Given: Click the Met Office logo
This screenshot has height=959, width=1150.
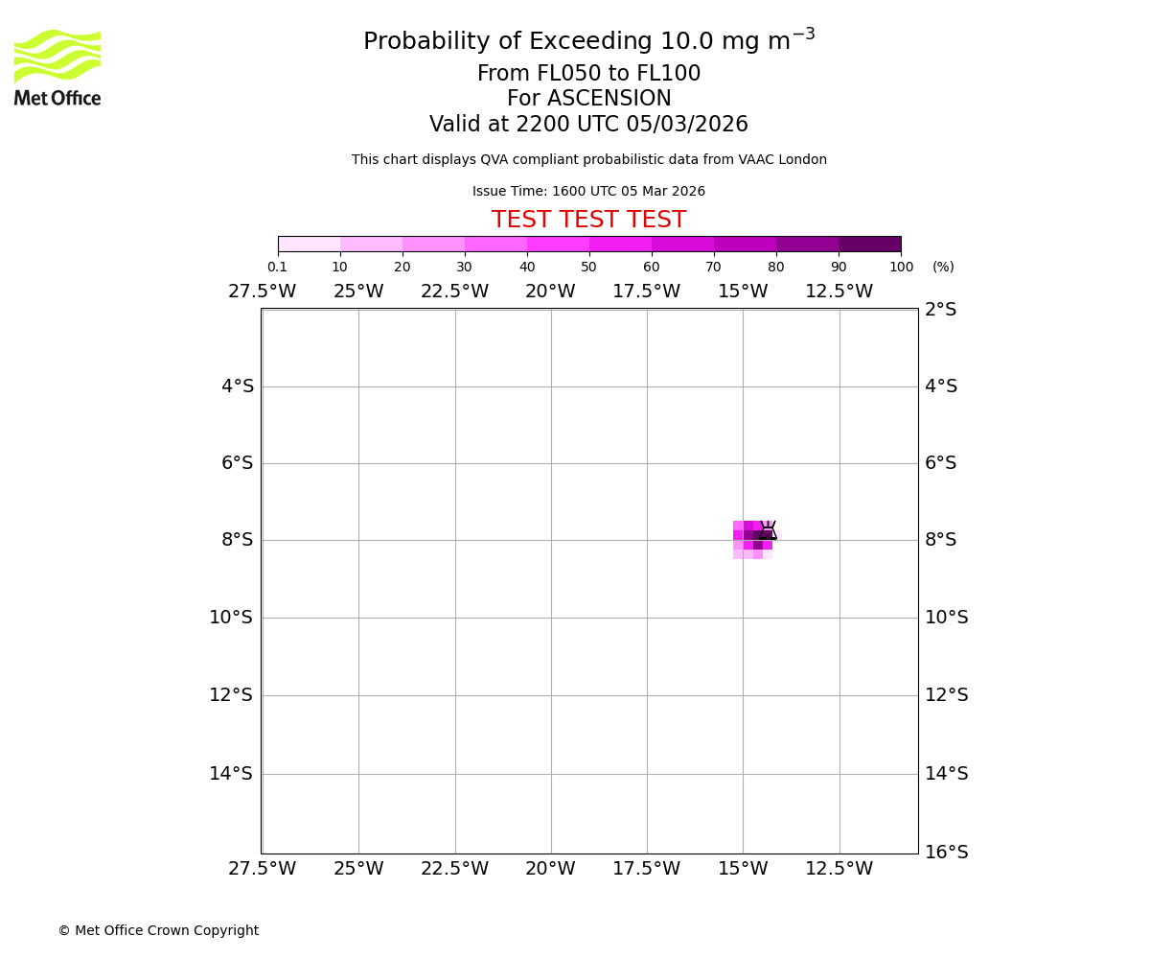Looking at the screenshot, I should point(57,67).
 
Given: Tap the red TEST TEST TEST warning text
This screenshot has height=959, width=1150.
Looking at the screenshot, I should point(588,221).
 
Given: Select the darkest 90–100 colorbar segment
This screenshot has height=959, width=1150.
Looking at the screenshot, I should point(869,244).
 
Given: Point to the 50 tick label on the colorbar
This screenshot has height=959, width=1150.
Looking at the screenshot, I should point(588,268).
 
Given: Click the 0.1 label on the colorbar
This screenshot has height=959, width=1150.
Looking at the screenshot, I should point(277,268).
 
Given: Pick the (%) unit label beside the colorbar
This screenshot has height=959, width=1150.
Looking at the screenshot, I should point(943,268).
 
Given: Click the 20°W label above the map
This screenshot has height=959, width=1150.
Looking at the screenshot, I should point(550,292).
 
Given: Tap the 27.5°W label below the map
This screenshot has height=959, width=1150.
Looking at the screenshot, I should point(262,869).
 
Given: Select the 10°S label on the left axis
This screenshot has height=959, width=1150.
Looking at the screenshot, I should point(231,618).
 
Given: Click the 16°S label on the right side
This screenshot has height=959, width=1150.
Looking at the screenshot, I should point(946,853).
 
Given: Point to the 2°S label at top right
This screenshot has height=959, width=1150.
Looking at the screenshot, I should point(940,310).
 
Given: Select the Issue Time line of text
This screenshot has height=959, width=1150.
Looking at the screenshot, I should point(588,192).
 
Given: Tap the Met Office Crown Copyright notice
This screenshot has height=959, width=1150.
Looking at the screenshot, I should point(158,931).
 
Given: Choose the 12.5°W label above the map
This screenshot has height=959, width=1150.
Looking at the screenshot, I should point(839,292).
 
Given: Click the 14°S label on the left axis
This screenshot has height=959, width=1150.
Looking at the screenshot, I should point(231,774).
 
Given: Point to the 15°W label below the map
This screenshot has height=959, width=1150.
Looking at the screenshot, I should point(743,869).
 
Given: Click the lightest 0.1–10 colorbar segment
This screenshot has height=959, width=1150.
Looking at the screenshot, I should point(309,244).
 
